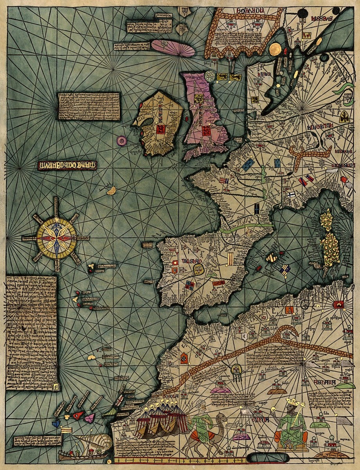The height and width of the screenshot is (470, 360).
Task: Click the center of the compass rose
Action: tap(56, 237)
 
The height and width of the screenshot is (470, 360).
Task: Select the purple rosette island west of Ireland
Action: tap(121, 140)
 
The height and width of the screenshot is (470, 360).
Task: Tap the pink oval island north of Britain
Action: tap(173, 47)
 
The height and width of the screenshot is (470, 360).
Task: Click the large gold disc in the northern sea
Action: tap(275, 49)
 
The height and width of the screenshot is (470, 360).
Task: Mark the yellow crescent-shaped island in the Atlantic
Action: tap(112, 190)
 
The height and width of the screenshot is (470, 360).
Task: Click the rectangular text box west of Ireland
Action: tap(89, 106)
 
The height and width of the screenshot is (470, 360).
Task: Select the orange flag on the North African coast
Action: tap(290, 310)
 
